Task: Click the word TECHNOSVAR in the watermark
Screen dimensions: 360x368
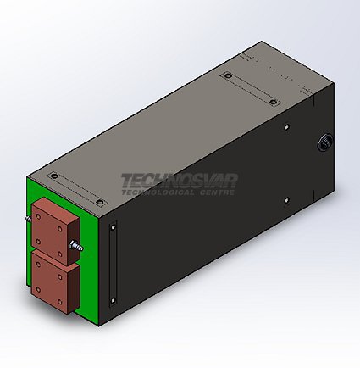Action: [x=180, y=181]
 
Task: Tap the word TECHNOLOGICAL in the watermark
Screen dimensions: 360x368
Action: [x=158, y=192]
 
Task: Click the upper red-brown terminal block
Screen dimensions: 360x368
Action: [x=55, y=231]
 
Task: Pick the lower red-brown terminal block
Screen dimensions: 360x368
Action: [x=55, y=282]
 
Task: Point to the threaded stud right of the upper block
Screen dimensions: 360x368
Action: [x=77, y=245]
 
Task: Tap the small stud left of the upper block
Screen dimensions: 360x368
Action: [x=29, y=219]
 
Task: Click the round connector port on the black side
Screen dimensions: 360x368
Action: [x=324, y=142]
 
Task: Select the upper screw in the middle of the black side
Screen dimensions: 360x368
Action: [x=286, y=127]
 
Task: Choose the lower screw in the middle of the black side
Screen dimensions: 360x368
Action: [x=286, y=201]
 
